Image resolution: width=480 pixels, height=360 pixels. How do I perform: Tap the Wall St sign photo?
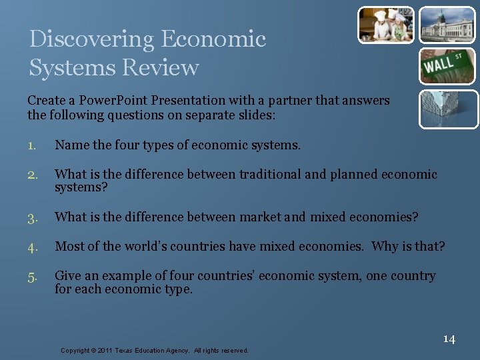pos(447,66)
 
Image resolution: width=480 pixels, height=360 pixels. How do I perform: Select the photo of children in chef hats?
pos(387,25)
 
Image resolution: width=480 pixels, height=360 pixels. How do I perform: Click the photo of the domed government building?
pos(447,25)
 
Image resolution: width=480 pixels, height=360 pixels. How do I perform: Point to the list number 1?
pos(32,145)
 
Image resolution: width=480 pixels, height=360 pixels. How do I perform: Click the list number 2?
pos(33,175)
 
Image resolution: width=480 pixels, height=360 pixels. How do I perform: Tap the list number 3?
pos(33,217)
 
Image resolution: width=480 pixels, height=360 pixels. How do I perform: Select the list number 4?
pos(33,247)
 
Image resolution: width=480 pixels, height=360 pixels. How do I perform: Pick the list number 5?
pos(33,276)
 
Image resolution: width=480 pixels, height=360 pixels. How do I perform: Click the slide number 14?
pos(449,339)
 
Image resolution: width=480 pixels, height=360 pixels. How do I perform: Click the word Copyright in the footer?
pos(76,351)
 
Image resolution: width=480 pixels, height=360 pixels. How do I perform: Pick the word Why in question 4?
pos(385,247)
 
